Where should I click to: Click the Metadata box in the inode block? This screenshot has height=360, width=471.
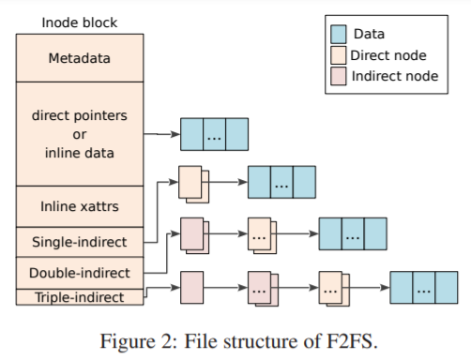click(x=79, y=58)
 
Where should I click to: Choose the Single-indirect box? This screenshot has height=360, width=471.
click(x=79, y=241)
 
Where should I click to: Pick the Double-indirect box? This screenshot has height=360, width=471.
click(x=79, y=273)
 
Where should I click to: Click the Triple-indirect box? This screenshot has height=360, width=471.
click(x=79, y=297)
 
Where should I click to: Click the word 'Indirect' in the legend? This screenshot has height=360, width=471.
click(x=375, y=76)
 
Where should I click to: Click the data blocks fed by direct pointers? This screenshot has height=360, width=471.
click(x=214, y=134)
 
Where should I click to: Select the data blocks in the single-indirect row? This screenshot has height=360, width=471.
click(x=281, y=182)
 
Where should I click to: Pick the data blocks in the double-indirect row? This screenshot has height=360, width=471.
click(x=353, y=233)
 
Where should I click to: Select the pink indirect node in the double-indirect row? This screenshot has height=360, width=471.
click(x=191, y=234)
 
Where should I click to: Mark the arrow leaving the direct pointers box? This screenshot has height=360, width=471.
click(x=163, y=134)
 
